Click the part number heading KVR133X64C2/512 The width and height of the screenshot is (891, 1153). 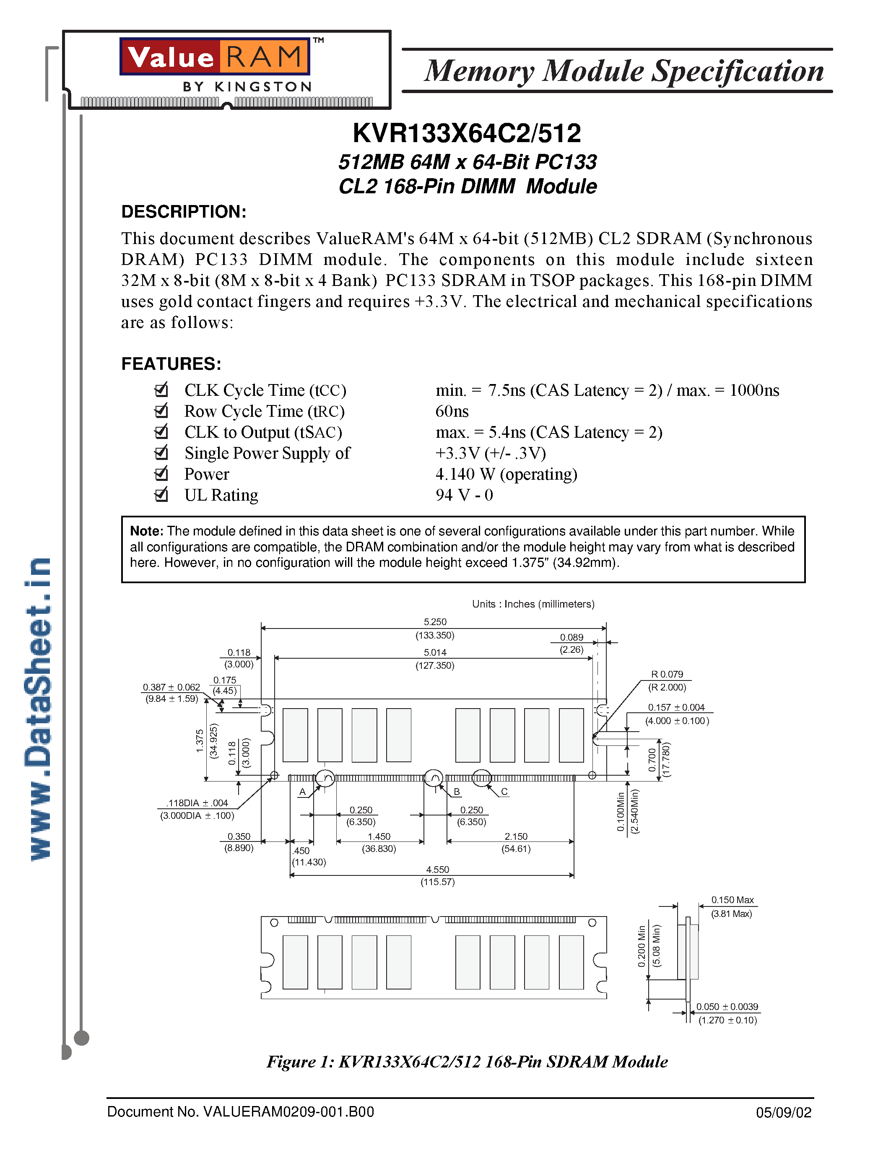[x=467, y=133]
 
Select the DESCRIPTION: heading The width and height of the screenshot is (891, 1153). [x=184, y=212]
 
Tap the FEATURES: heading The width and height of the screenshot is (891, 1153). [x=171, y=364]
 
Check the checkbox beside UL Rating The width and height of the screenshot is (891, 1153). [x=161, y=495]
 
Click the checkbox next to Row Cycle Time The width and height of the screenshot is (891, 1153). [x=161, y=411]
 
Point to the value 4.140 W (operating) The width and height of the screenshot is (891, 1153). [x=506, y=474]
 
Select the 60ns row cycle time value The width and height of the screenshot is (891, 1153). [x=452, y=411]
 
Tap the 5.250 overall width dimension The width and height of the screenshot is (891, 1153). [x=435, y=622]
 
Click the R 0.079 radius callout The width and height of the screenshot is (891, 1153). [x=667, y=674]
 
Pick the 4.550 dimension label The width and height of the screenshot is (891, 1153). [x=438, y=870]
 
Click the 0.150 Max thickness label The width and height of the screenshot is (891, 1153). [x=732, y=900]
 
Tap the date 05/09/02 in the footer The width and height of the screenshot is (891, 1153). [x=783, y=1113]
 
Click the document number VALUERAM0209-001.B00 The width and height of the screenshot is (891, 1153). [x=241, y=1112]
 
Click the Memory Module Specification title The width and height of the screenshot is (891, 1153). [x=624, y=71]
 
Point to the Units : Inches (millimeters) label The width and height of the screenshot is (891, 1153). [x=533, y=604]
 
